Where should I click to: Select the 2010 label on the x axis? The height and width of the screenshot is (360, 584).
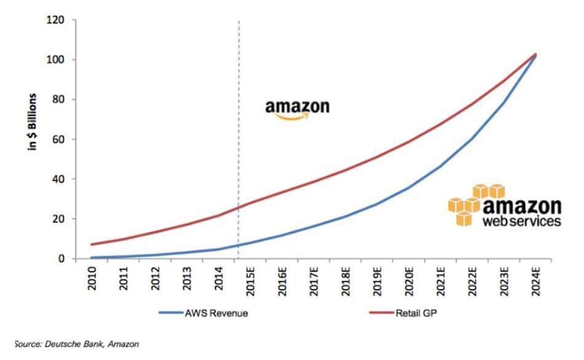tap(92, 280)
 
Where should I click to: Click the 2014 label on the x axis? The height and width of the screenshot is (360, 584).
tap(220, 280)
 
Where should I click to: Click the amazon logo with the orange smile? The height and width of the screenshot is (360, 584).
tap(298, 108)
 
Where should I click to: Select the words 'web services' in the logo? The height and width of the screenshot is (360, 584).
tap(522, 221)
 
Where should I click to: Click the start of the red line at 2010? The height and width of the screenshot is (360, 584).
tap(92, 245)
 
